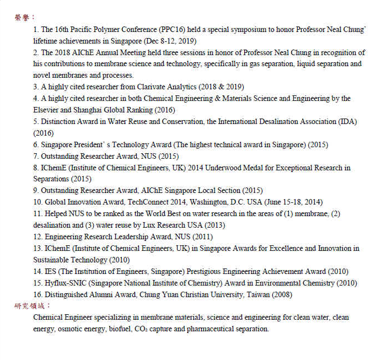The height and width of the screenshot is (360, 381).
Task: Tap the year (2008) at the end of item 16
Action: pyautogui.click(x=281, y=295)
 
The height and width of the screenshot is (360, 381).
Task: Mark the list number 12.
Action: pyautogui.click(x=38, y=237)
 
